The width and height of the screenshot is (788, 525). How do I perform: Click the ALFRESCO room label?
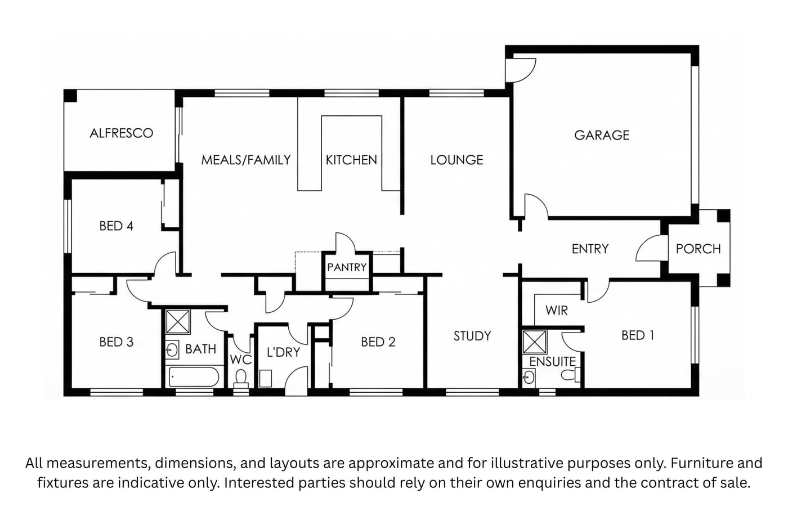click(x=122, y=133)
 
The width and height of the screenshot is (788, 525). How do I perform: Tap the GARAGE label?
click(x=602, y=136)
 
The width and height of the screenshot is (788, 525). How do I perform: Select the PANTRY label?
click(x=347, y=267)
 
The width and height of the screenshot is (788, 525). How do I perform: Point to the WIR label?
click(x=557, y=311)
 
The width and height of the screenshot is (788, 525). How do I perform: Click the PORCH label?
click(x=699, y=249)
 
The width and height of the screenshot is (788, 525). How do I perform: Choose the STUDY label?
click(x=472, y=336)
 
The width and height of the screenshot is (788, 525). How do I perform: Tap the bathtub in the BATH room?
click(x=194, y=377)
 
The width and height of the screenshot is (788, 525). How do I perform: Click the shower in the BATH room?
click(x=178, y=322)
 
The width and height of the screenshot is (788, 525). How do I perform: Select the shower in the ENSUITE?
click(x=534, y=342)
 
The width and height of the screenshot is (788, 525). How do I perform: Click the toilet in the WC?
click(x=241, y=378)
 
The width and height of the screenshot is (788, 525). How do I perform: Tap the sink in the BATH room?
click(x=172, y=350)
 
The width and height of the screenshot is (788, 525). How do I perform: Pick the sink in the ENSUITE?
click(x=529, y=378)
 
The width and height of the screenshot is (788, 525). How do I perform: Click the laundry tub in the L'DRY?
click(x=266, y=378)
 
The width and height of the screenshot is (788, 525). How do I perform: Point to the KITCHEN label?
click(x=351, y=160)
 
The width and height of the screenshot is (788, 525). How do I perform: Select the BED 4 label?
click(x=117, y=226)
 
